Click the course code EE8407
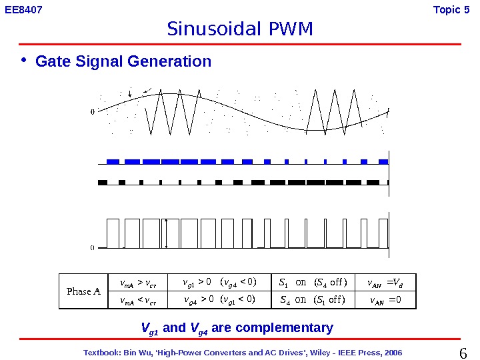tap(24, 10)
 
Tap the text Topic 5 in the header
tap(456, 10)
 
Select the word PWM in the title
tap(291, 29)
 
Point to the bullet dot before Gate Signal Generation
tap(24, 61)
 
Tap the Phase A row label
tap(83, 291)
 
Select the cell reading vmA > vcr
tap(138, 281)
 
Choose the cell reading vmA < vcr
tap(138, 299)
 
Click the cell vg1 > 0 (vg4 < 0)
tap(219, 281)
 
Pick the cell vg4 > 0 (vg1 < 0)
tap(219, 299)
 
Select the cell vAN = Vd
tap(385, 281)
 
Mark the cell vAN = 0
tap(385, 299)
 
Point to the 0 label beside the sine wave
tap(92, 112)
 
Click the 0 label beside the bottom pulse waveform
tap(92, 247)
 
